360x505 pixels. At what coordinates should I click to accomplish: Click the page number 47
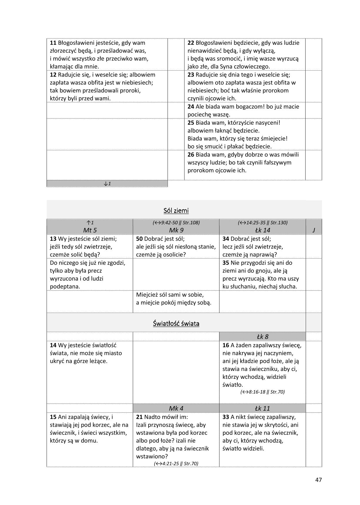point(319,480)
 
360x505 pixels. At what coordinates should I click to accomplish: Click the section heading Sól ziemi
point(176,211)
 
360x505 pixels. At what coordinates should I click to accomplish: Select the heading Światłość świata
point(176,324)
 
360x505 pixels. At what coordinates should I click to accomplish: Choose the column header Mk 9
point(176,230)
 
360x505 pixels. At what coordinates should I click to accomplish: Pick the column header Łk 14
point(263,230)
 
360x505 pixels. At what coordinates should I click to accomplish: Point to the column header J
point(314,230)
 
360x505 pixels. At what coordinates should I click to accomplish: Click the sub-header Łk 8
point(262,336)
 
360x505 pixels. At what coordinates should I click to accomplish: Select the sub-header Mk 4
point(176,408)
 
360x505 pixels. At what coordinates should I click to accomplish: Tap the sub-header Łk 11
point(262,408)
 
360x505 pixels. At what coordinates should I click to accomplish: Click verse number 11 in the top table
point(53,43)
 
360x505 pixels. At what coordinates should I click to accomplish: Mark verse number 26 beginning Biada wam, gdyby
point(191,155)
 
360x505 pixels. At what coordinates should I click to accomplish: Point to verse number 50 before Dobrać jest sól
point(139,239)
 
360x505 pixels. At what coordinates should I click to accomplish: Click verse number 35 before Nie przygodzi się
point(226,263)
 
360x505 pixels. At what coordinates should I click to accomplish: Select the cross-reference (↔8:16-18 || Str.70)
point(262,392)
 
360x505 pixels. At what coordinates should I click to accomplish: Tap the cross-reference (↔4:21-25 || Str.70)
point(176,464)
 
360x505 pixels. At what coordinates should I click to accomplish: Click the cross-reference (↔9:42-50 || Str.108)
point(176,223)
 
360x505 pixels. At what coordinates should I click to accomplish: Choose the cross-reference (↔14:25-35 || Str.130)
point(263,223)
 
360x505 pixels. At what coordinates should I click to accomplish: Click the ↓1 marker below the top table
point(107,184)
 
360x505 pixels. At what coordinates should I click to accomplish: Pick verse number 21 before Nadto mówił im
point(139,417)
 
